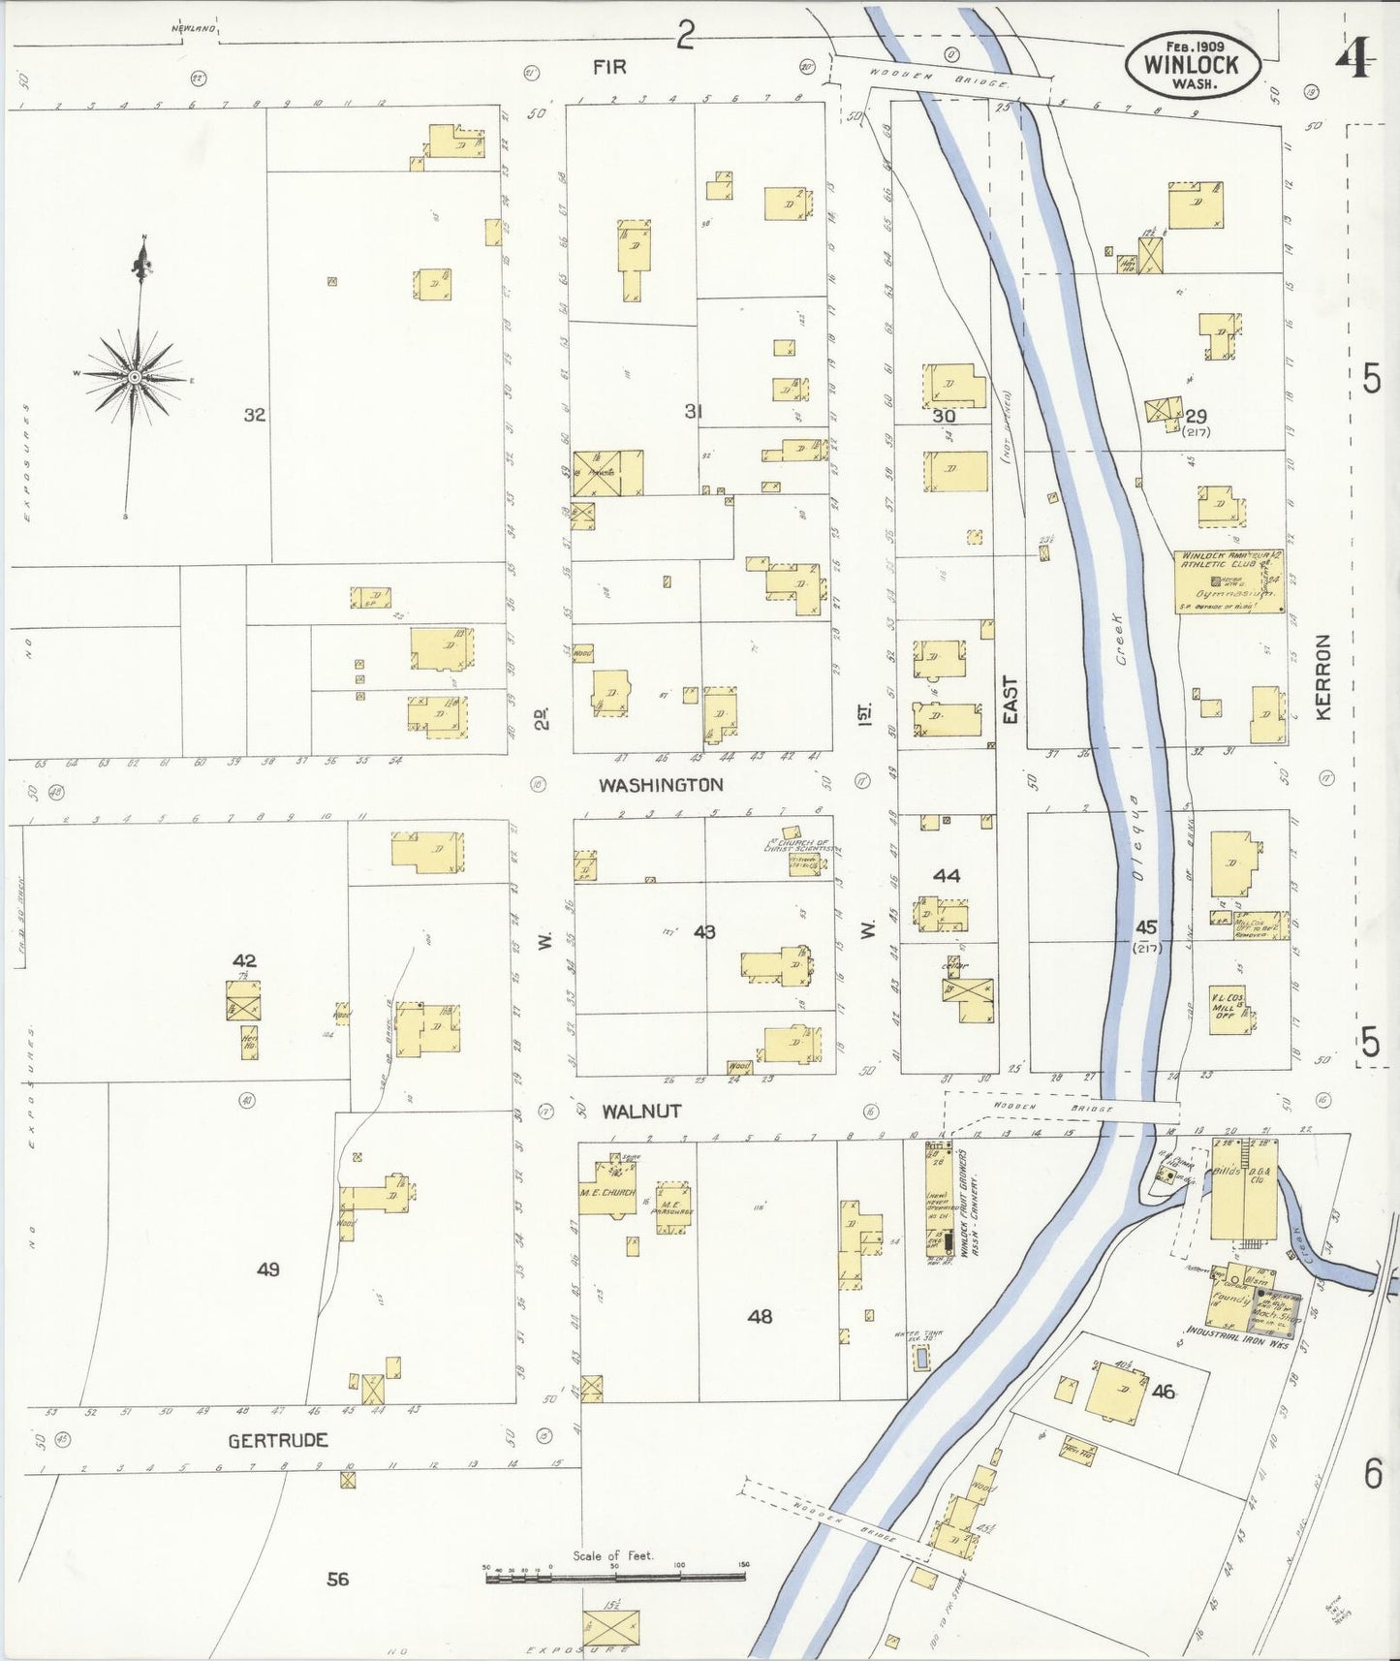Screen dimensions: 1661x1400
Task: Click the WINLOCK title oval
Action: [1193, 65]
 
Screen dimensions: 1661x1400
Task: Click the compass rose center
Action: [135, 376]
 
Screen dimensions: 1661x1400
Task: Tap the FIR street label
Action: [610, 67]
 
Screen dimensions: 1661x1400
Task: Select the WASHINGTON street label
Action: [661, 785]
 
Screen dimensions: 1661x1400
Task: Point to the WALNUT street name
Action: [641, 1112]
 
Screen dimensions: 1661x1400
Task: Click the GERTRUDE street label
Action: [278, 1441]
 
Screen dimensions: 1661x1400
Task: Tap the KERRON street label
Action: [1323, 677]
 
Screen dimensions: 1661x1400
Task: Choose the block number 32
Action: [254, 415]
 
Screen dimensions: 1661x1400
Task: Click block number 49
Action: [268, 1269]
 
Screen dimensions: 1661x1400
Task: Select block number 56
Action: [337, 1580]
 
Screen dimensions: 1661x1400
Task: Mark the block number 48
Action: [760, 1316]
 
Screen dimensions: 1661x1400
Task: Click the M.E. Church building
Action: [607, 1193]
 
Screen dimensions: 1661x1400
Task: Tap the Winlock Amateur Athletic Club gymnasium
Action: [1229, 581]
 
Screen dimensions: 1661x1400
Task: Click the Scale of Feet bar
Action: [614, 1578]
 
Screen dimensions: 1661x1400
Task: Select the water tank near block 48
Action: [920, 1360]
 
